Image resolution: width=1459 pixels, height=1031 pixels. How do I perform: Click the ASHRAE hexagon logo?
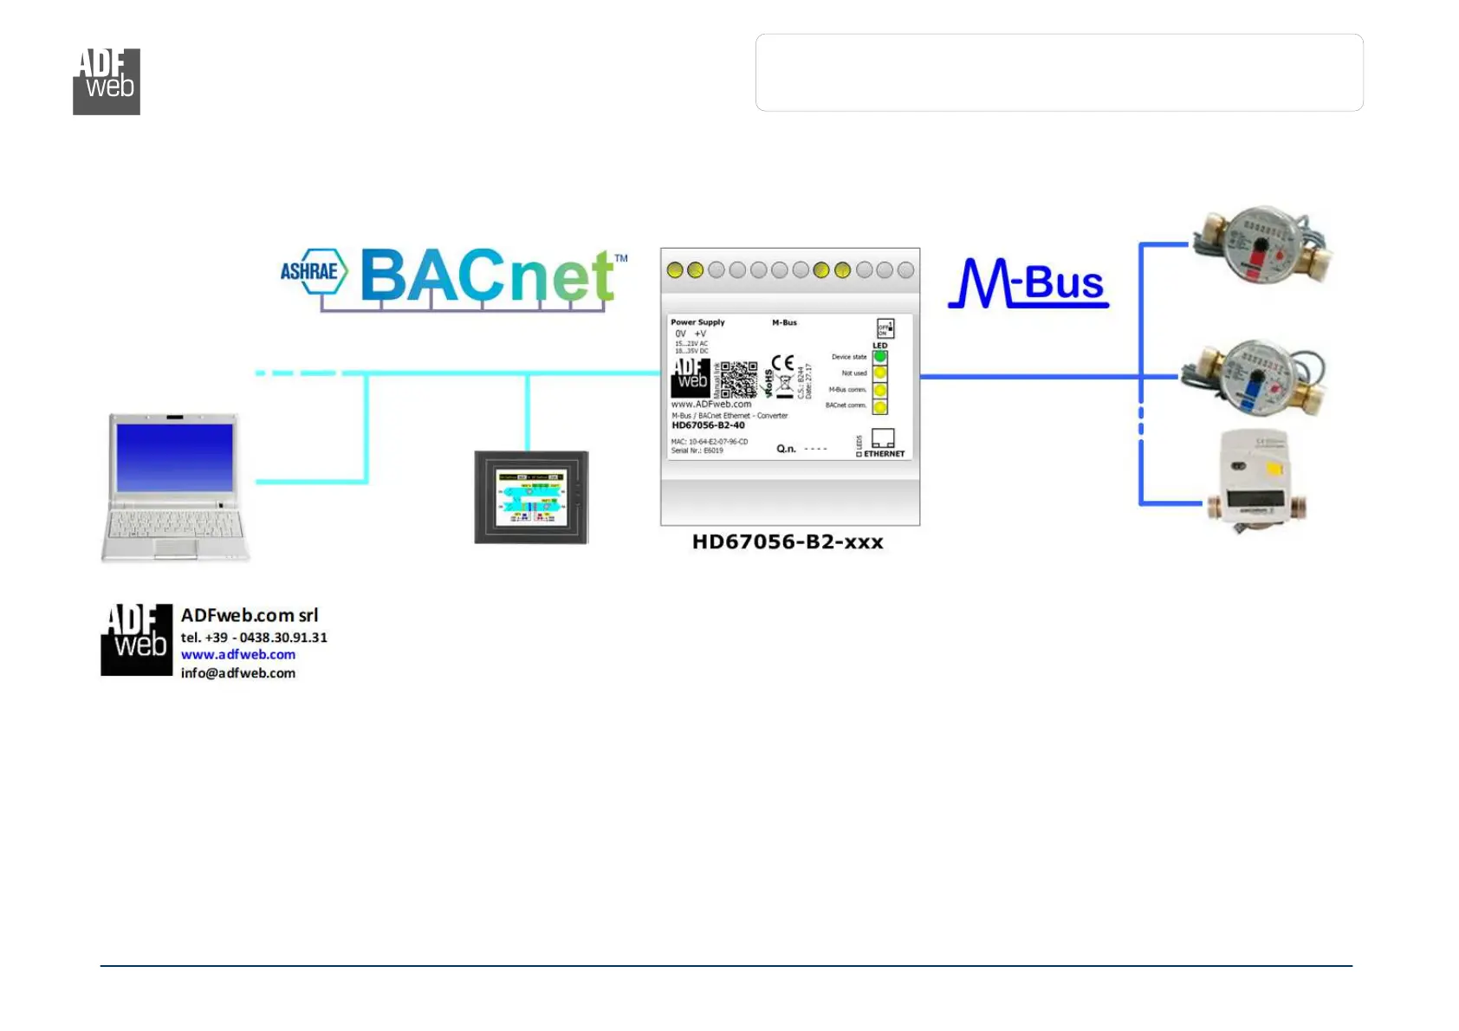pyautogui.click(x=313, y=271)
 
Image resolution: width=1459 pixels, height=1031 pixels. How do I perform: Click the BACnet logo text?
pyautogui.click(x=488, y=276)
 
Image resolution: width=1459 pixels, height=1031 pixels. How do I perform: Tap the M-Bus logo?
pyautogui.click(x=1028, y=283)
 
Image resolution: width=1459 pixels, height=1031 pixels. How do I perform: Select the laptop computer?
pyautogui.click(x=175, y=486)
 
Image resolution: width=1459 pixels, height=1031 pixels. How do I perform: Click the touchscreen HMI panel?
pyautogui.click(x=531, y=497)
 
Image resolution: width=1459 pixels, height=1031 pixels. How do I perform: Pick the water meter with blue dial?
pyautogui.click(x=1255, y=378)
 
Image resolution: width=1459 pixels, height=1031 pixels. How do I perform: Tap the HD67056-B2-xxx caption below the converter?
pyautogui.click(x=788, y=542)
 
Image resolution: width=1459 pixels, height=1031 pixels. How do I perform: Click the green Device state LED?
pyautogui.click(x=880, y=356)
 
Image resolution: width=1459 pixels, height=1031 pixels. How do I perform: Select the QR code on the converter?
pyautogui.click(x=739, y=379)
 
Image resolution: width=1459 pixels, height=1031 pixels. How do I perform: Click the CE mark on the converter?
pyautogui.click(x=782, y=364)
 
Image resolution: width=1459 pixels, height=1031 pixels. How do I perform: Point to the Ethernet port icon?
pyautogui.click(x=883, y=438)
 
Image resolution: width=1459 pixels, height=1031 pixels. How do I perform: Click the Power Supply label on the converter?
pyautogui.click(x=697, y=322)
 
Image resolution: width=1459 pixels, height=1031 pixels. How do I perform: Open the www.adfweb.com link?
pyautogui.click(x=238, y=655)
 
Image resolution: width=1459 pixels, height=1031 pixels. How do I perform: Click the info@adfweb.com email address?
pyautogui.click(x=238, y=673)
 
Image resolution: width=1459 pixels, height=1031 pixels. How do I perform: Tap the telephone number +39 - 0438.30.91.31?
pyautogui.click(x=254, y=638)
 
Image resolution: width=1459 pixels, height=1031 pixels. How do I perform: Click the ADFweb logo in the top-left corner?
pyautogui.click(x=107, y=81)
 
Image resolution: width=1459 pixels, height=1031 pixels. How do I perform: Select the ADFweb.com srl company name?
pyautogui.click(x=250, y=615)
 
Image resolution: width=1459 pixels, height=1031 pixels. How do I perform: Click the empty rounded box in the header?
pyautogui.click(x=1059, y=73)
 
